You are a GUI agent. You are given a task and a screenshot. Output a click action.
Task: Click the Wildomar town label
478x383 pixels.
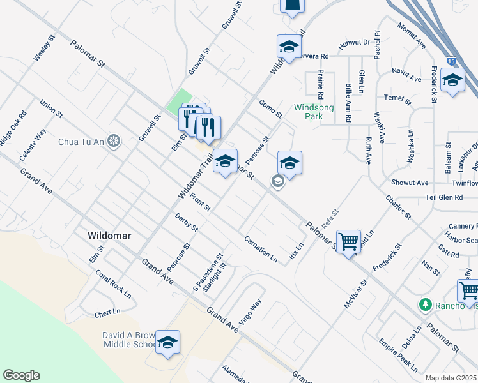109,236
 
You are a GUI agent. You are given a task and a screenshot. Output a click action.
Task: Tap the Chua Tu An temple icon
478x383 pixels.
114,141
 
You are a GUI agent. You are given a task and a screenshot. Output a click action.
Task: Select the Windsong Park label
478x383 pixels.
314,112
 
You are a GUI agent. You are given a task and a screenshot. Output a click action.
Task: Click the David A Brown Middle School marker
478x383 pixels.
167,343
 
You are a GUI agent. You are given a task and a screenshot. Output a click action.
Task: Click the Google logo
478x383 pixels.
21,375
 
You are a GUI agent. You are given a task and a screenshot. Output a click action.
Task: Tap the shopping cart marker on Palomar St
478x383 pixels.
348,242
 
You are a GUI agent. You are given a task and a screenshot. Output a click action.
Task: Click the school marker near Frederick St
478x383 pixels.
452,81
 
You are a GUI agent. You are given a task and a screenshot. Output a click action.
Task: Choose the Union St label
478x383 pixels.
51,109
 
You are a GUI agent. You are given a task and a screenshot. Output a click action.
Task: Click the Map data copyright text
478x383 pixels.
451,378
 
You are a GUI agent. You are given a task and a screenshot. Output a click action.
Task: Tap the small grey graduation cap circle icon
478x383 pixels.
277,182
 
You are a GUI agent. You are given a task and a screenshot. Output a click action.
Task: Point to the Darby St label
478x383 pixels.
187,222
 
